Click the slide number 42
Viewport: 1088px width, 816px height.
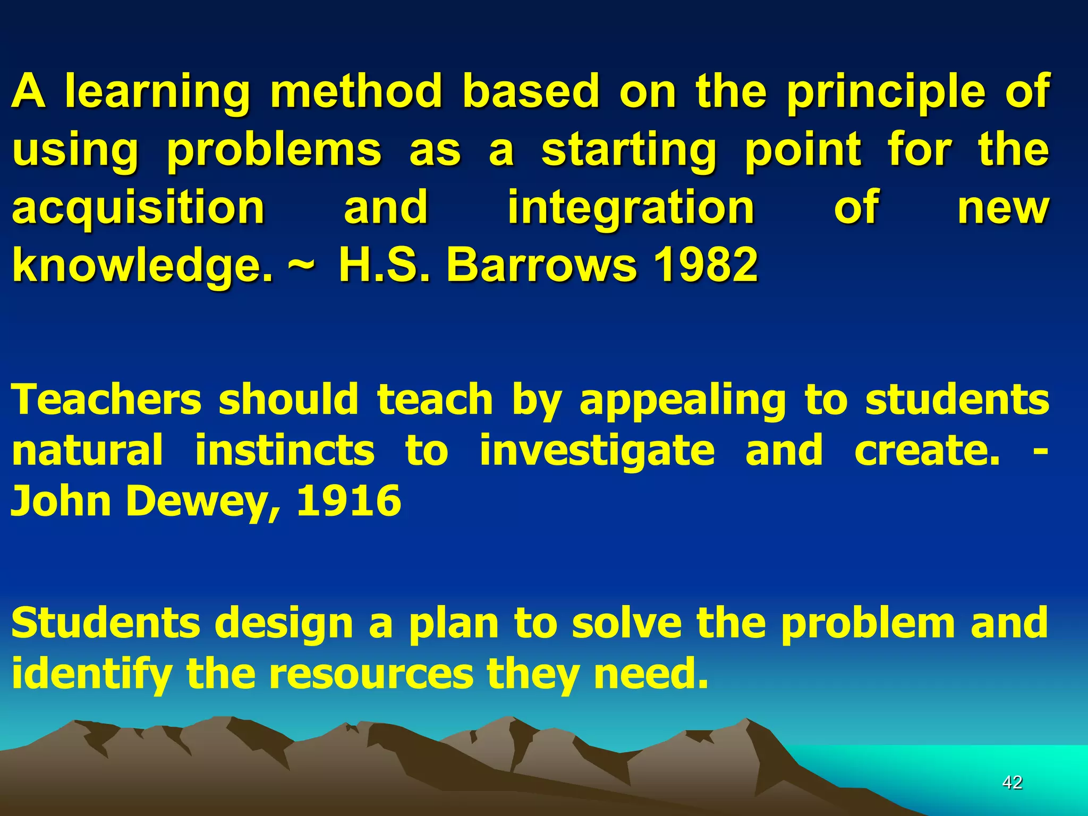tap(1012, 782)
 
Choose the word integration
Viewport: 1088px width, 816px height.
tap(631, 208)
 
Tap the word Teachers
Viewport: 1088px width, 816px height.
tap(106, 399)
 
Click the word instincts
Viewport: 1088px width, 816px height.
tap(285, 450)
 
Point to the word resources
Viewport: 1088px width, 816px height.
tap(371, 674)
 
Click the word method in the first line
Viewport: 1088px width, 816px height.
tap(356, 91)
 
